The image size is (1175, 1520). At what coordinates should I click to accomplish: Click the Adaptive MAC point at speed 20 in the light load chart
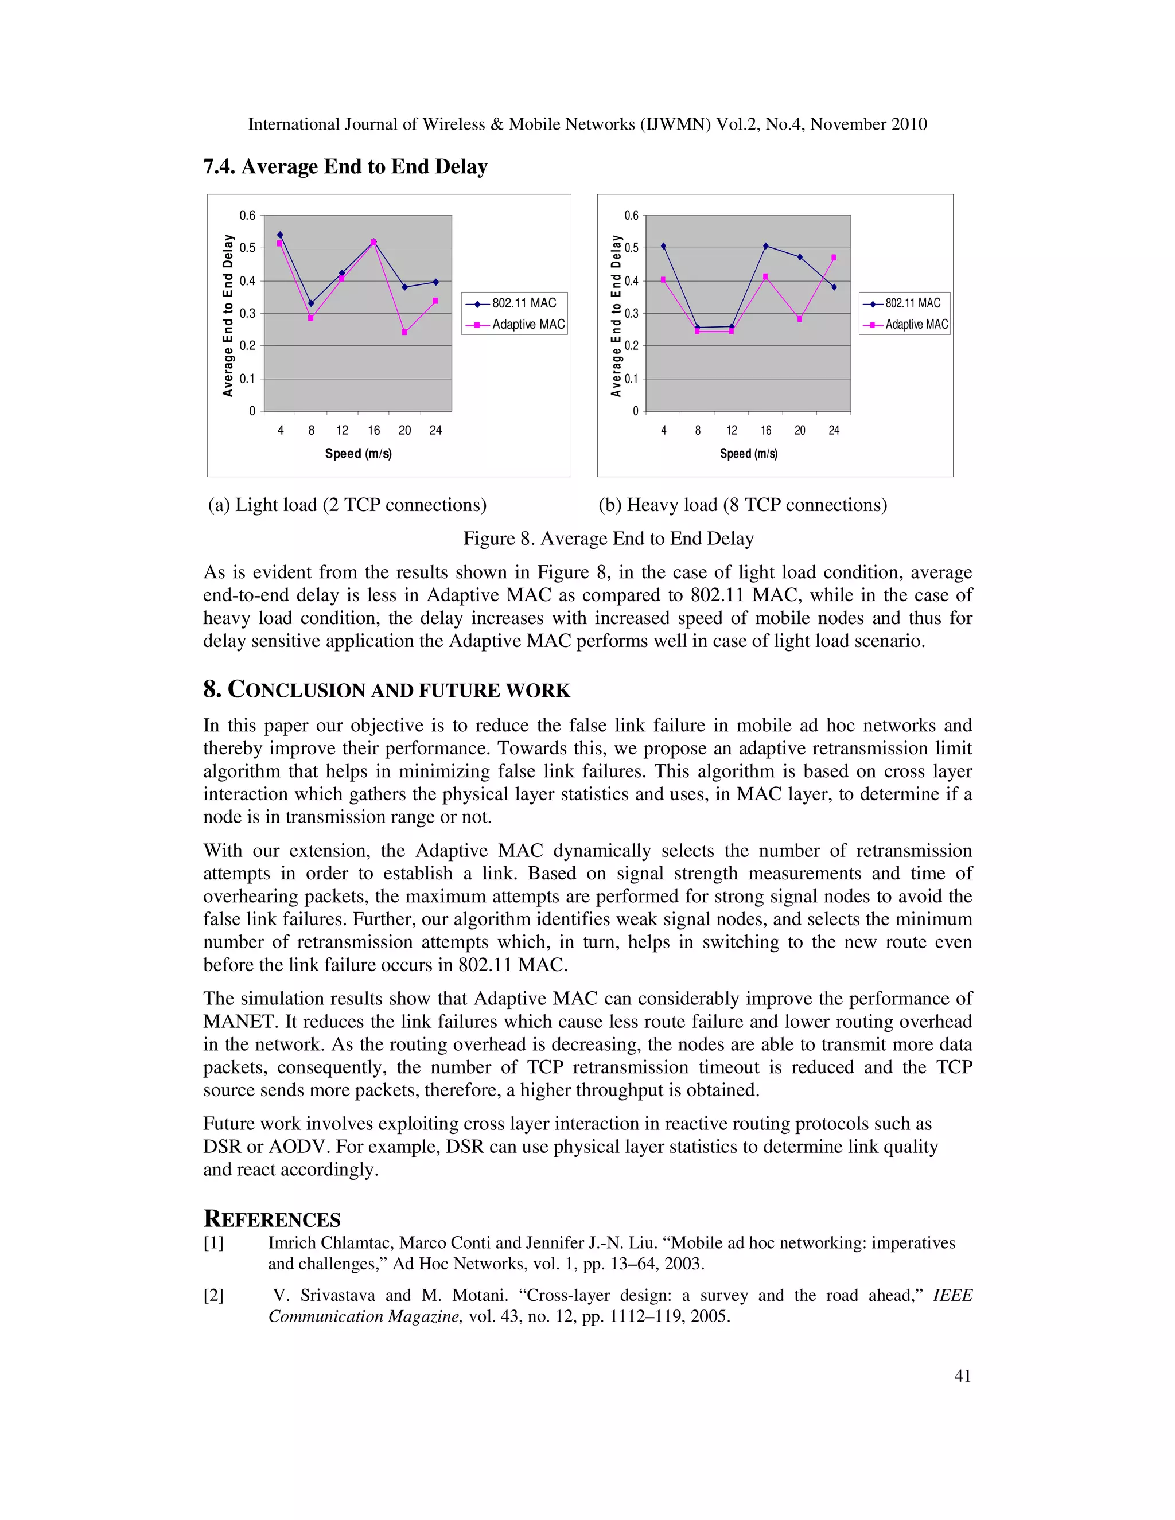tap(404, 333)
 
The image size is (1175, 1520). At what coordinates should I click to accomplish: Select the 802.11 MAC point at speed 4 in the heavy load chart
tap(663, 245)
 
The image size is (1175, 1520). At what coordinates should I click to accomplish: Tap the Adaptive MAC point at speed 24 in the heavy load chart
tap(834, 258)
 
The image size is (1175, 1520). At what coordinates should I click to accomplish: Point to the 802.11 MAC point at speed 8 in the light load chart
tap(310, 303)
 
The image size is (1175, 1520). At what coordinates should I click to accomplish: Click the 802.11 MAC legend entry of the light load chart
tap(515, 303)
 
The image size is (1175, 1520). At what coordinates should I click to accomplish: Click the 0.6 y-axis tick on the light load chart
tap(248, 216)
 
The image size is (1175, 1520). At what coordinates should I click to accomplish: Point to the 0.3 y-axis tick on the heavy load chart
tap(631, 313)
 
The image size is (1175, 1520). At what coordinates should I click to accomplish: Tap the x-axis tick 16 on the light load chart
tap(374, 431)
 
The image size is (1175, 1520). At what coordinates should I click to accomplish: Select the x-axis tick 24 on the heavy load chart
tap(834, 431)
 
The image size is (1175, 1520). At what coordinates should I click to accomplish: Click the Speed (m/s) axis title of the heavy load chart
tap(748, 454)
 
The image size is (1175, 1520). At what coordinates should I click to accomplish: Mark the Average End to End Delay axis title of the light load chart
tap(228, 315)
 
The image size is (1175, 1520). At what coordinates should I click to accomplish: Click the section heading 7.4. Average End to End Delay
tap(345, 167)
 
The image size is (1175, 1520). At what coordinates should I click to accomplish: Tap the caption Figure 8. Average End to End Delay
tap(608, 539)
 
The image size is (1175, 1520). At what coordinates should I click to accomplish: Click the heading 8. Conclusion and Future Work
tap(386, 691)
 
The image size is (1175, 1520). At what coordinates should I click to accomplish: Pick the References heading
tap(272, 1219)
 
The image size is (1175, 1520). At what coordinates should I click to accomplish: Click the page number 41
tap(962, 1376)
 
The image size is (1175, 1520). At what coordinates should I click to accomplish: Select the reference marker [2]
tap(213, 1295)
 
